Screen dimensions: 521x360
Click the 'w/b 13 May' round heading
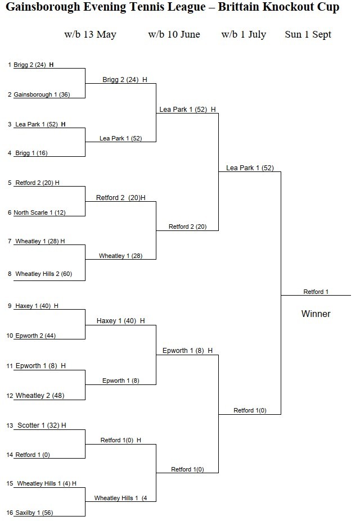pyautogui.click(x=90, y=34)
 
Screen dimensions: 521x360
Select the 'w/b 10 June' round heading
pyautogui.click(x=174, y=34)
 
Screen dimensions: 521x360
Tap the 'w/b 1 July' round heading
pyautogui.click(x=244, y=34)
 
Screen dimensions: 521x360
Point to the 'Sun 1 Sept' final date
pyautogui.click(x=308, y=34)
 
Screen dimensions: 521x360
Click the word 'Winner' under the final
pyautogui.click(x=316, y=314)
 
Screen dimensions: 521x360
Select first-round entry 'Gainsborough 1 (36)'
pyautogui.click(x=42, y=94)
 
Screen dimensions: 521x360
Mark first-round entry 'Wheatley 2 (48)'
pyautogui.click(x=39, y=396)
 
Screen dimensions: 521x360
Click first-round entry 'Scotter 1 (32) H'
pyautogui.click(x=42, y=425)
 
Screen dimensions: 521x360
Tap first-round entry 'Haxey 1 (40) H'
pyautogui.click(x=37, y=306)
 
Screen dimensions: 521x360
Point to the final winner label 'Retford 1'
pyautogui.click(x=316, y=292)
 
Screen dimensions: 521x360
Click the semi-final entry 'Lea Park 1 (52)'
pyautogui.click(x=250, y=167)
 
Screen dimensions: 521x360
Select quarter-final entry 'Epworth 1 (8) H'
pyautogui.click(x=187, y=351)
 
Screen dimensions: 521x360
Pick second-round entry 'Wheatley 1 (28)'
pyautogui.click(x=120, y=256)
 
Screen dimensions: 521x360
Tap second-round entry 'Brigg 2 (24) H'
pyautogui.click(x=124, y=80)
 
